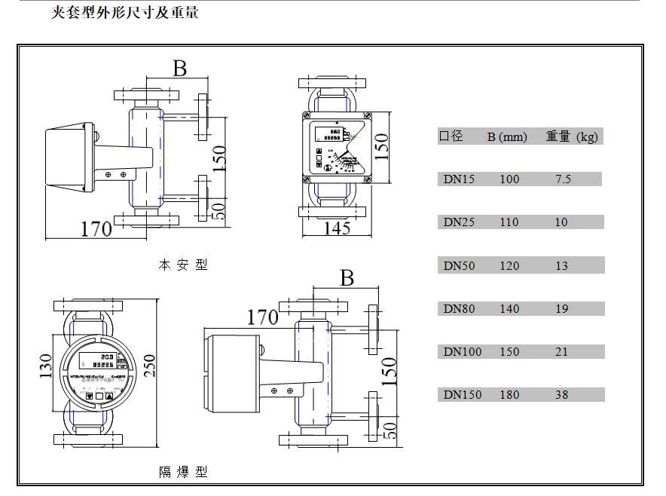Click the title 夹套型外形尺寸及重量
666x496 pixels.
125,13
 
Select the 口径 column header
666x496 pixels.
451,136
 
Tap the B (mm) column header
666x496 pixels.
506,137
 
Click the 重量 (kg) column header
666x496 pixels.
572,136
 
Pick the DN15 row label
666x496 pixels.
459,179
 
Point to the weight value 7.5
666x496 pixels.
562,179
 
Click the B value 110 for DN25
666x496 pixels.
509,222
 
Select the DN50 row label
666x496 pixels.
459,266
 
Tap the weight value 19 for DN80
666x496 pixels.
561,309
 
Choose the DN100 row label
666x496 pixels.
462,352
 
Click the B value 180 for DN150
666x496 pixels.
509,395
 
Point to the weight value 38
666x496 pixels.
561,395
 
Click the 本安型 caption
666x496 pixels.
183,265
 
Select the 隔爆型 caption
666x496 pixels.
183,473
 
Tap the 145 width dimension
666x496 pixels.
337,228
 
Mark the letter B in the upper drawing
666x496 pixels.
179,69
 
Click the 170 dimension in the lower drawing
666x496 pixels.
262,317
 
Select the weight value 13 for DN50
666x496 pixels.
561,266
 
